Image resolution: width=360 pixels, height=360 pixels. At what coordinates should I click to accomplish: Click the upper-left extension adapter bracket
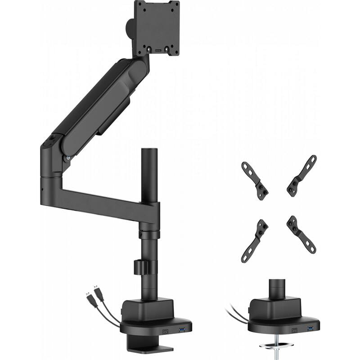[x=256, y=179]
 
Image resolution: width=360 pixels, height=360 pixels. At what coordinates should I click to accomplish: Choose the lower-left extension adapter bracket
[x=255, y=240]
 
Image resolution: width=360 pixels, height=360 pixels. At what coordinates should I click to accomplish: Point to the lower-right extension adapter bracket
[x=301, y=234]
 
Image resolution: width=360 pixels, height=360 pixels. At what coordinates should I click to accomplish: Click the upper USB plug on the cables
[x=97, y=292]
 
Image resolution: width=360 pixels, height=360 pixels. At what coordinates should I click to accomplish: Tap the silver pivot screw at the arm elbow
[x=68, y=158]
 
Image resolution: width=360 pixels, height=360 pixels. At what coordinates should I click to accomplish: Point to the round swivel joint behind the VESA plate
[x=130, y=28]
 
